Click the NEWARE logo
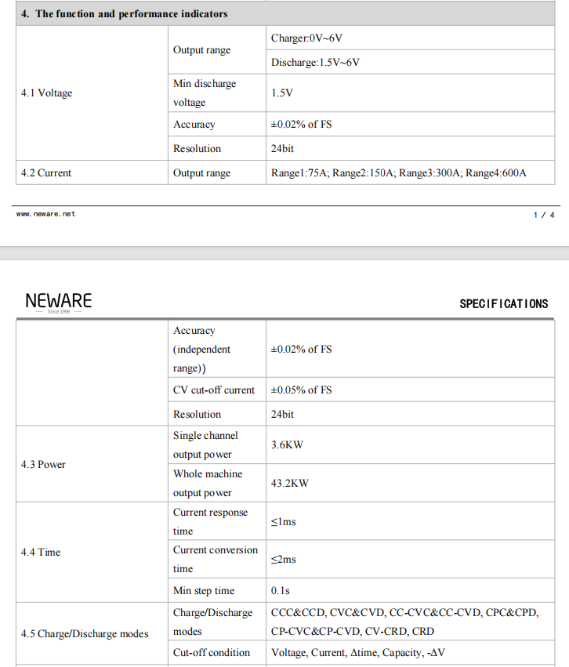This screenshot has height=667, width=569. click(58, 302)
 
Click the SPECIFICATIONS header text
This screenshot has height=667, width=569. click(503, 304)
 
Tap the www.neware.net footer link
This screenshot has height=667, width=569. click(45, 214)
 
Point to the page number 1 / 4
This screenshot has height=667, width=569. click(544, 215)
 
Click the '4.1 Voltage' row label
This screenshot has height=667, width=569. click(46, 93)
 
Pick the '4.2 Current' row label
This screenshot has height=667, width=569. click(46, 173)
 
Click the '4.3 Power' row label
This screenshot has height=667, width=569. click(43, 465)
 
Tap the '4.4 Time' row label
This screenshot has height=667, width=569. click(41, 553)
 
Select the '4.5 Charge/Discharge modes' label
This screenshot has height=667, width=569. click(84, 634)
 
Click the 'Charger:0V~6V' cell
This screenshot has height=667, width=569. click(306, 38)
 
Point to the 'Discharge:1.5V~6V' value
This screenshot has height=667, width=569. click(315, 62)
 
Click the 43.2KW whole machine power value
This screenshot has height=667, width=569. click(290, 484)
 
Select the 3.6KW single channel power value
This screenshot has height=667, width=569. click(287, 445)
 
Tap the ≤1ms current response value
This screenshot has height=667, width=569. click(283, 522)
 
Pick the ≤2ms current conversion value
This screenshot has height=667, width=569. click(283, 560)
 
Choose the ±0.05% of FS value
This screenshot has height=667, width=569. click(301, 390)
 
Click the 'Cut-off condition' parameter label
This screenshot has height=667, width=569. click(212, 653)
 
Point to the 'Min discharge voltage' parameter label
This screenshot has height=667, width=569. click(205, 93)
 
